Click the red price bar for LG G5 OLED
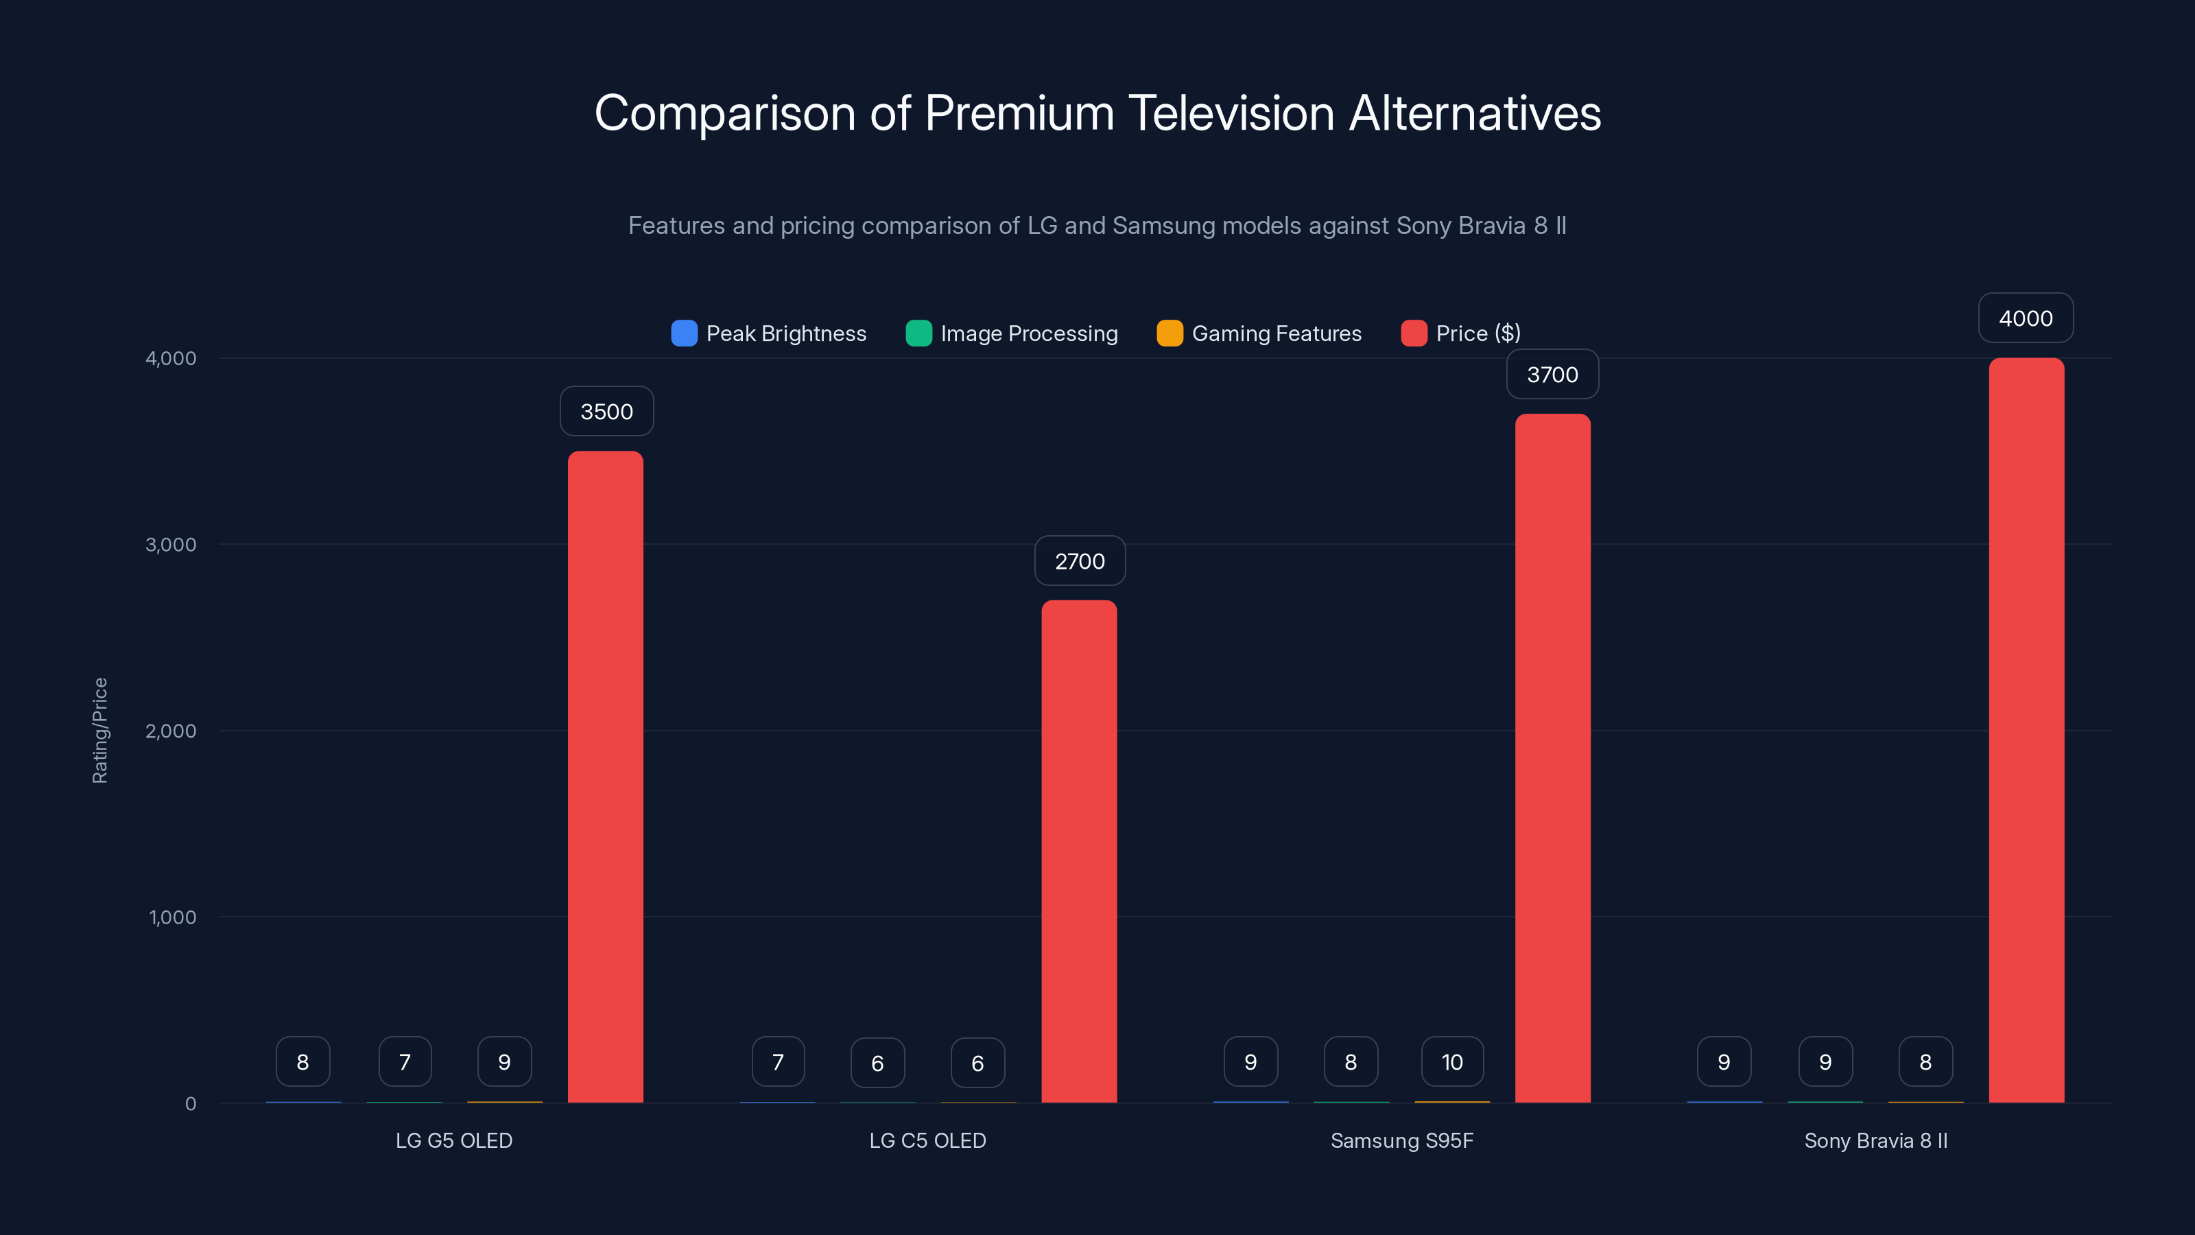[605, 775]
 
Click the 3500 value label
[606, 412]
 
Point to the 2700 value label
[1080, 561]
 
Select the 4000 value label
[2026, 318]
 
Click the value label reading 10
[1452, 1062]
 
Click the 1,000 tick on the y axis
[172, 917]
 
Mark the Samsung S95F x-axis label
[1401, 1140]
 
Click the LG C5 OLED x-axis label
[927, 1140]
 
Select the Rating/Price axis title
[99, 731]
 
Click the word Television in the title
[1231, 113]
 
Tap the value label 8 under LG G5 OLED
[302, 1062]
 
